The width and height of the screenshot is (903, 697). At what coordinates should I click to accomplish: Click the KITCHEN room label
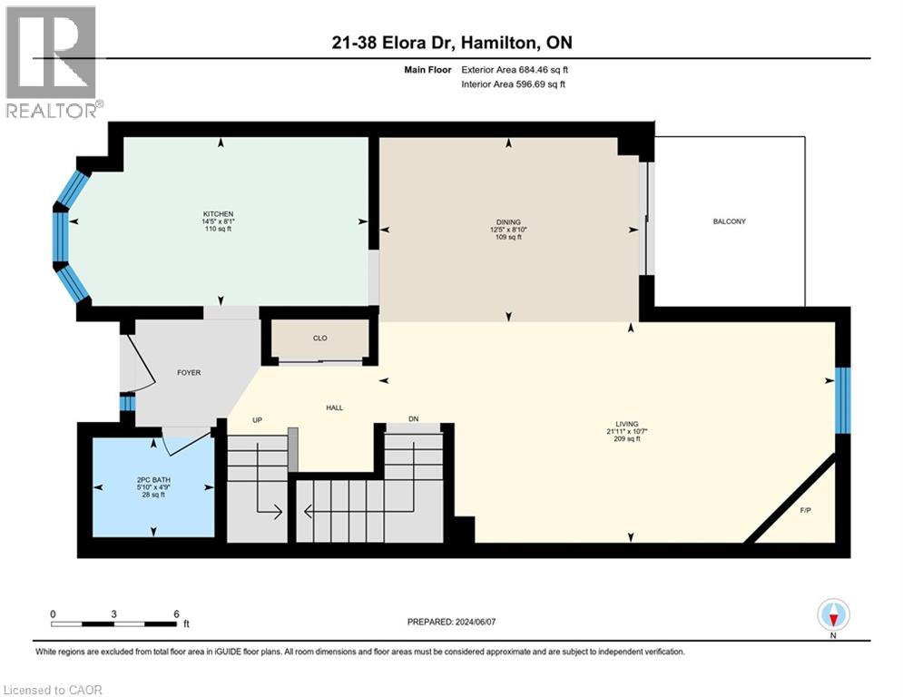(x=218, y=213)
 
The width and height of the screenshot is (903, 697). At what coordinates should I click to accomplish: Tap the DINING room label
(x=508, y=221)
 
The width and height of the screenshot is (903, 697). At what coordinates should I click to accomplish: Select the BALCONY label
(x=729, y=221)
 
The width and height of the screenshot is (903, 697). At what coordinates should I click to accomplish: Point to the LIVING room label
(x=626, y=424)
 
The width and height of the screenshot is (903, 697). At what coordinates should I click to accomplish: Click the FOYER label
(x=189, y=373)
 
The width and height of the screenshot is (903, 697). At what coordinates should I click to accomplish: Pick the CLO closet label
(x=319, y=339)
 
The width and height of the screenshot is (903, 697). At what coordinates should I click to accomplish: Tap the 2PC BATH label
(x=153, y=480)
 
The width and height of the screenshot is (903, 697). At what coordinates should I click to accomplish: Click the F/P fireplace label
(x=806, y=510)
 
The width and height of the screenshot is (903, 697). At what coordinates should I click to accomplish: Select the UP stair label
(x=258, y=420)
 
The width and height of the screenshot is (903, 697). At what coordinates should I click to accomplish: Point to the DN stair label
(x=414, y=418)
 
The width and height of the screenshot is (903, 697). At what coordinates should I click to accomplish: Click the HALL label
(x=335, y=407)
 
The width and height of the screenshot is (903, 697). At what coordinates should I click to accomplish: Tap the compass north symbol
(x=833, y=614)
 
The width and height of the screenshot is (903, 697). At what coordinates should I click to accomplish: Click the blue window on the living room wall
(x=842, y=400)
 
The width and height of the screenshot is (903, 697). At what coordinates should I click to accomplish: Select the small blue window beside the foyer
(x=127, y=401)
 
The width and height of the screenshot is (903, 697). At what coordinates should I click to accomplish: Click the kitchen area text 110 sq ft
(x=218, y=229)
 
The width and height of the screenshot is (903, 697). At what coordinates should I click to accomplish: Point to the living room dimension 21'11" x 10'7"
(x=626, y=431)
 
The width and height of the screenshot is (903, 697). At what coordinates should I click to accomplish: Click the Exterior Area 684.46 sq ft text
(x=515, y=70)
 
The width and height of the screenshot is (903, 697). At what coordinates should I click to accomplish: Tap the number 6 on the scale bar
(x=176, y=614)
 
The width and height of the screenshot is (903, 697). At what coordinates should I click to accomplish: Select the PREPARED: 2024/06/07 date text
(x=452, y=622)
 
